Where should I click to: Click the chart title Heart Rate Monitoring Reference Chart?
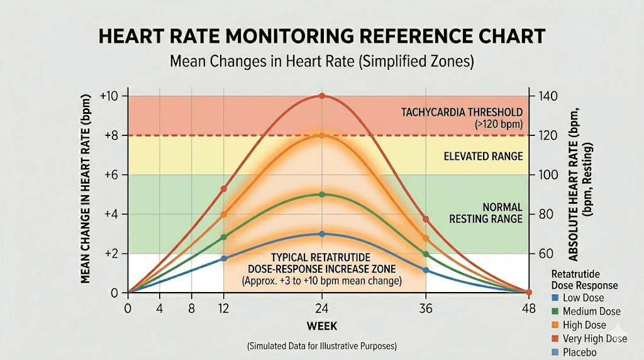pos(321,37)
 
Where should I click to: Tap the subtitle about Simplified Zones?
pos(322,62)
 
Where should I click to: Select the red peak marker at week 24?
pos(322,96)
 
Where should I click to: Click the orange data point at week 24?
pos(322,135)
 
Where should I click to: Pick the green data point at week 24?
pos(322,194)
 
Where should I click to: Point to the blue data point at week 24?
pos(322,233)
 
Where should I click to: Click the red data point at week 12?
pos(224,188)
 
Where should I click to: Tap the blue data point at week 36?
pos(426,270)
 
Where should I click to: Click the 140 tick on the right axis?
pos(545,96)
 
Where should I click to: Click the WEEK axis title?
pos(322,325)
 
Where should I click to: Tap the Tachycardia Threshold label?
pos(462,112)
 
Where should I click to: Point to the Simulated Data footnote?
pos(322,346)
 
